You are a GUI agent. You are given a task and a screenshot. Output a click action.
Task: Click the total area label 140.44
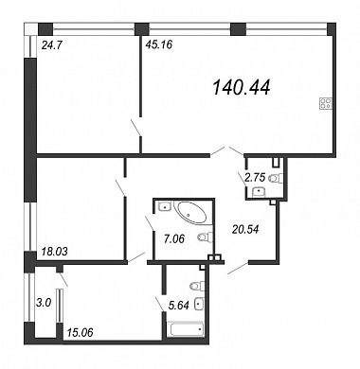coord(242,87)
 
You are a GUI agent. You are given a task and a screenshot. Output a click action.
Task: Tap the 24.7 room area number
coord(51,45)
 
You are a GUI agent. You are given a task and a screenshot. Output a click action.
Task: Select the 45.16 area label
coord(158,44)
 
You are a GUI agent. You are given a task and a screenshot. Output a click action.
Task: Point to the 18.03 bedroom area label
coord(54,252)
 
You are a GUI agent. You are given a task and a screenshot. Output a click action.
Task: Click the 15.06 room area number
coord(80,332)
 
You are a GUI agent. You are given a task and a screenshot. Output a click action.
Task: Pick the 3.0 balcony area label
coord(44,303)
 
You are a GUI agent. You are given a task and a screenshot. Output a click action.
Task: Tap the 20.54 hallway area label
coord(245,229)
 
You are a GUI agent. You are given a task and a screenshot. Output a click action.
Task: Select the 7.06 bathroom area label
coord(174,239)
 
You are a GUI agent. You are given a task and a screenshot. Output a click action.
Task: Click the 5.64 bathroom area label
coord(179,306)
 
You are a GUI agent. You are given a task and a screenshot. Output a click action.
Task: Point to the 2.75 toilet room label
coord(256,177)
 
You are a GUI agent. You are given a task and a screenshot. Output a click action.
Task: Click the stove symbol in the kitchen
coord(326,103)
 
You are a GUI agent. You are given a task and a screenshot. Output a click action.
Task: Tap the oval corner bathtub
coord(191,213)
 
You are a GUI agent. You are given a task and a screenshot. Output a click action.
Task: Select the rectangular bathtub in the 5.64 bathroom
coord(187,329)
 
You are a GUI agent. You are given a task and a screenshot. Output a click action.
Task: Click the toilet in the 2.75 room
coord(276,179)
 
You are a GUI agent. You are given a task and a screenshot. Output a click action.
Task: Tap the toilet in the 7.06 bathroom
coord(205,237)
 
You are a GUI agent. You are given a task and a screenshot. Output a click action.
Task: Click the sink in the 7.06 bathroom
coord(165,207)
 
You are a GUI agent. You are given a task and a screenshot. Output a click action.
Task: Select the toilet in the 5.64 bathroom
coord(197,287)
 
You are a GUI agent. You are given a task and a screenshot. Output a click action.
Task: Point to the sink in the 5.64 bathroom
coord(199,305)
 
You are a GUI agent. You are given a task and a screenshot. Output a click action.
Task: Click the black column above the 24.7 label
coord(45,29)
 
